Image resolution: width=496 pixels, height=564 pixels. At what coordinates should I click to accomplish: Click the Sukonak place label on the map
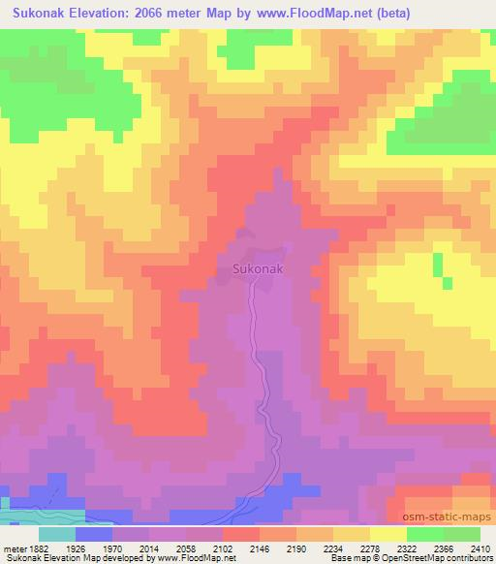[259, 270]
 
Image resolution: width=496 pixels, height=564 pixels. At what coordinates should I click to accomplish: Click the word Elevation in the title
[106, 14]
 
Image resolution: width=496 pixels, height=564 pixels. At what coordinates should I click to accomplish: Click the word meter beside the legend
[14, 548]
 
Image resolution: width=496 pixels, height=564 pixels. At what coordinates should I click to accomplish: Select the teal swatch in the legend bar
[56, 534]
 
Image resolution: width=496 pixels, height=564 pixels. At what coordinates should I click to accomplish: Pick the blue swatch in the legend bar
[94, 534]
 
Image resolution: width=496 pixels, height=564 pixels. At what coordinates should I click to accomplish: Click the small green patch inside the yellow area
[437, 265]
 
